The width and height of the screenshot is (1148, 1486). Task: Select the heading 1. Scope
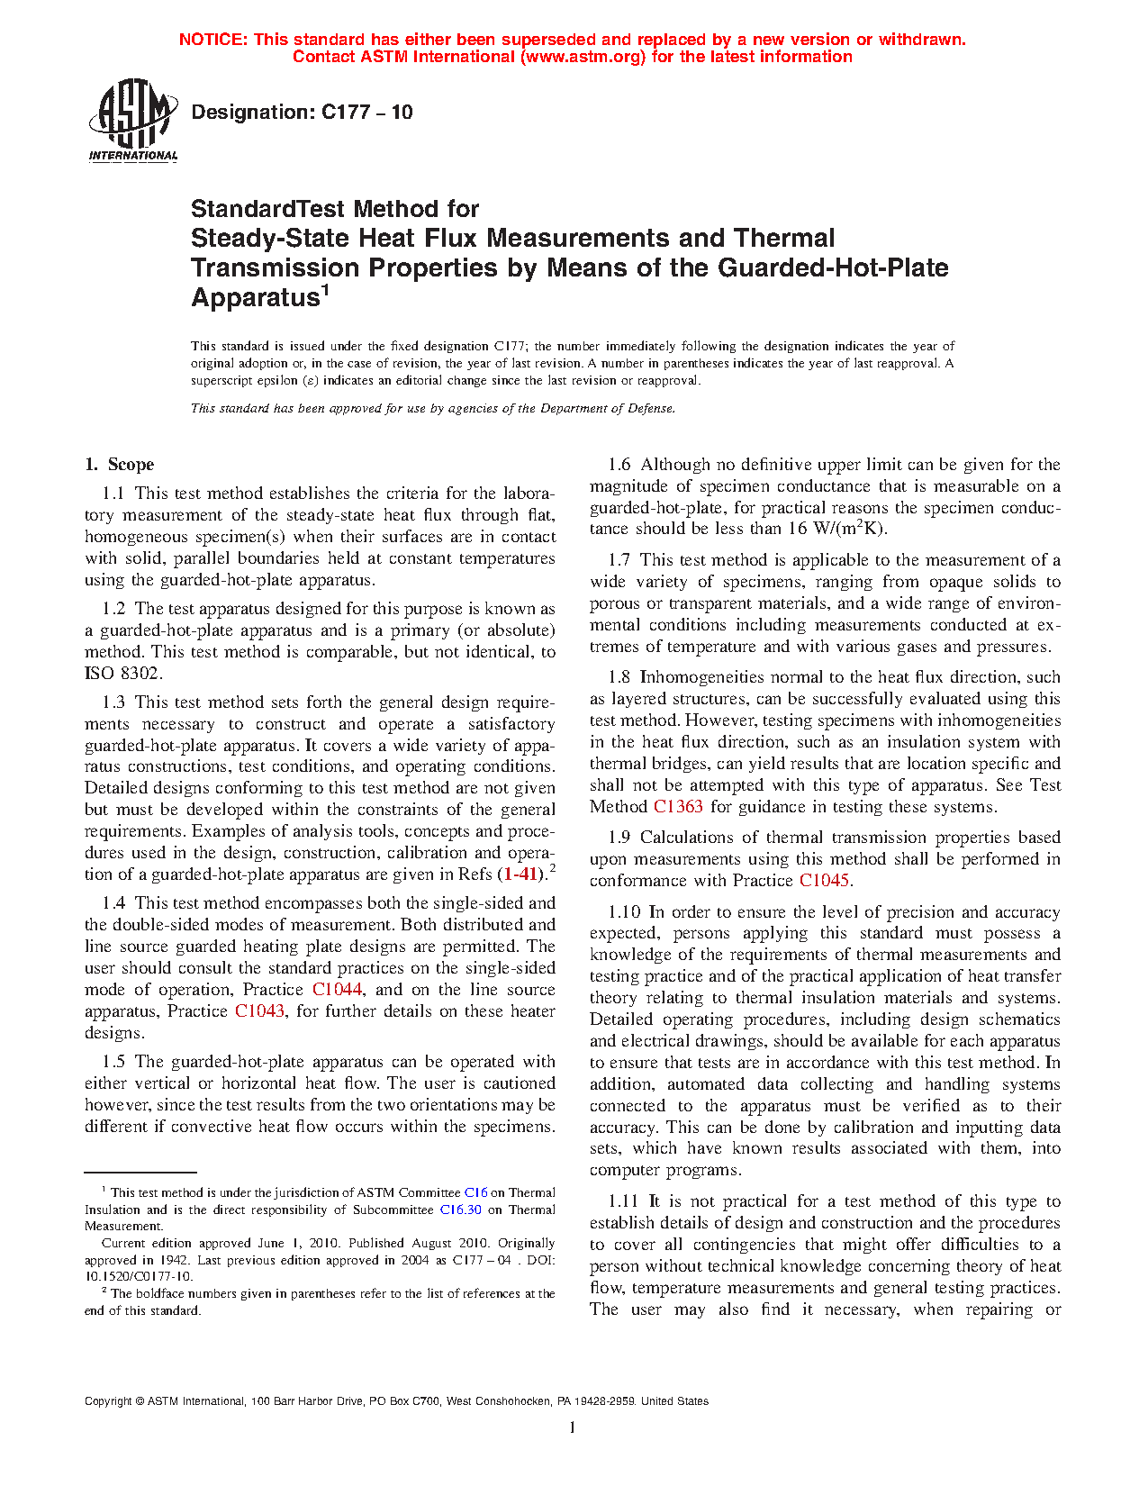pyautogui.click(x=120, y=465)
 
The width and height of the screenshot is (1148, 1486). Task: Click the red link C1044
pyautogui.click(x=337, y=990)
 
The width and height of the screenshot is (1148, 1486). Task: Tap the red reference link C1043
pyautogui.click(x=259, y=1011)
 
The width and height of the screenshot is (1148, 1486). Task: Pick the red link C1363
pyautogui.click(x=677, y=807)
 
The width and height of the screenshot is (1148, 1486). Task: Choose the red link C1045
pyautogui.click(x=824, y=881)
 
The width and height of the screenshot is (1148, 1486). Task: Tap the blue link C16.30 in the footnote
pyautogui.click(x=460, y=1210)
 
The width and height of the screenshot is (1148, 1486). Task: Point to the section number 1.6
pyautogui.click(x=619, y=465)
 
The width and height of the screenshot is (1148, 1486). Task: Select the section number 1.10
pyautogui.click(x=624, y=912)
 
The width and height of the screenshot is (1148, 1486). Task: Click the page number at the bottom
pyautogui.click(x=573, y=1427)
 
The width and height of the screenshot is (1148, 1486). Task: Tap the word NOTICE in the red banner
pyautogui.click(x=212, y=40)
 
